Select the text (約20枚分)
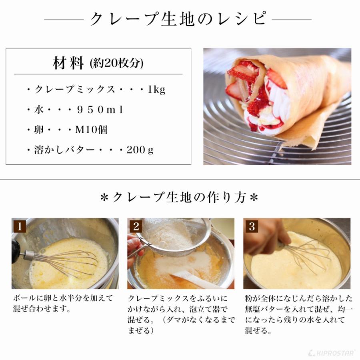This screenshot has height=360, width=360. click(117, 64)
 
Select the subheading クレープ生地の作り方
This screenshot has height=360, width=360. click(179, 198)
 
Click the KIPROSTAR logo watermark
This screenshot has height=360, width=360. click(332, 353)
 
